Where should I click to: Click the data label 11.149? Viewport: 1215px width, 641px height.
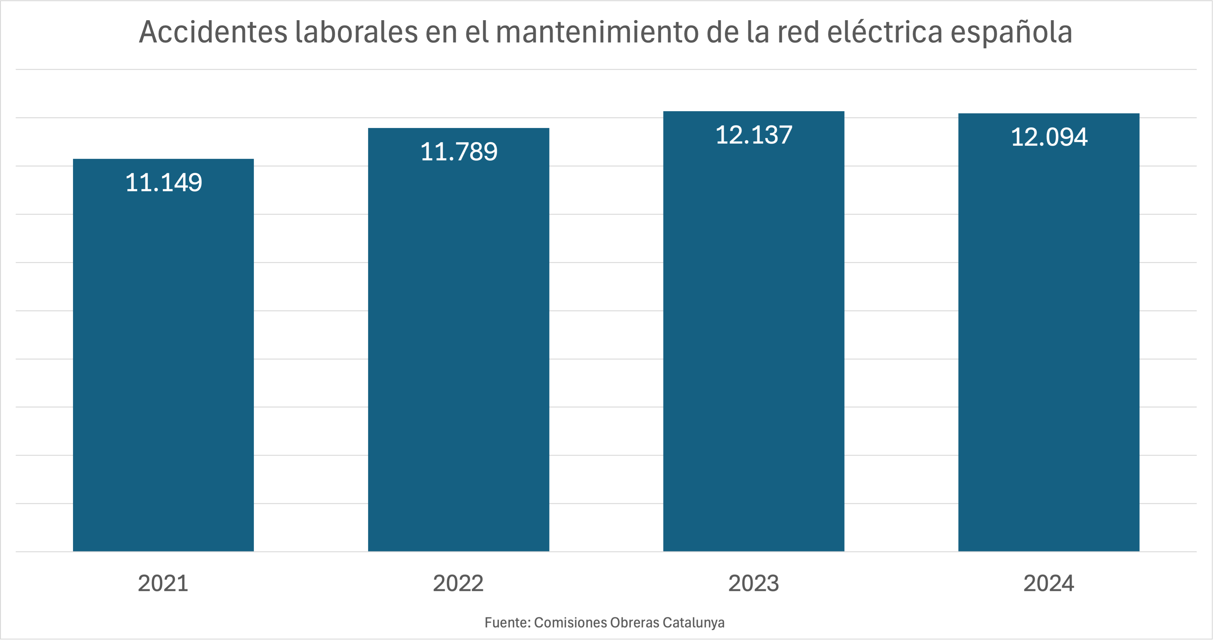click(x=163, y=183)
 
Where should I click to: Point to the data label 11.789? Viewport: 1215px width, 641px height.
click(x=458, y=152)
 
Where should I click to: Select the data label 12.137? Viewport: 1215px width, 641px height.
click(x=754, y=135)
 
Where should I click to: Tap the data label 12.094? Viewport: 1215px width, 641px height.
click(x=1049, y=137)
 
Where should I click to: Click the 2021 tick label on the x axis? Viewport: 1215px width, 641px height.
click(x=163, y=584)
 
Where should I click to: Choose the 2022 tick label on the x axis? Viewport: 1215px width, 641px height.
click(x=458, y=584)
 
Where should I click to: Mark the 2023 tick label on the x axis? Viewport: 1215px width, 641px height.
click(x=754, y=584)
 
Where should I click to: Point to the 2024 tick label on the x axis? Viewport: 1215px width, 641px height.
click(x=1049, y=584)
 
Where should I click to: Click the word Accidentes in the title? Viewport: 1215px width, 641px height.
click(x=213, y=32)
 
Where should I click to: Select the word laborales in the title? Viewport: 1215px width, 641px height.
click(x=356, y=32)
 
